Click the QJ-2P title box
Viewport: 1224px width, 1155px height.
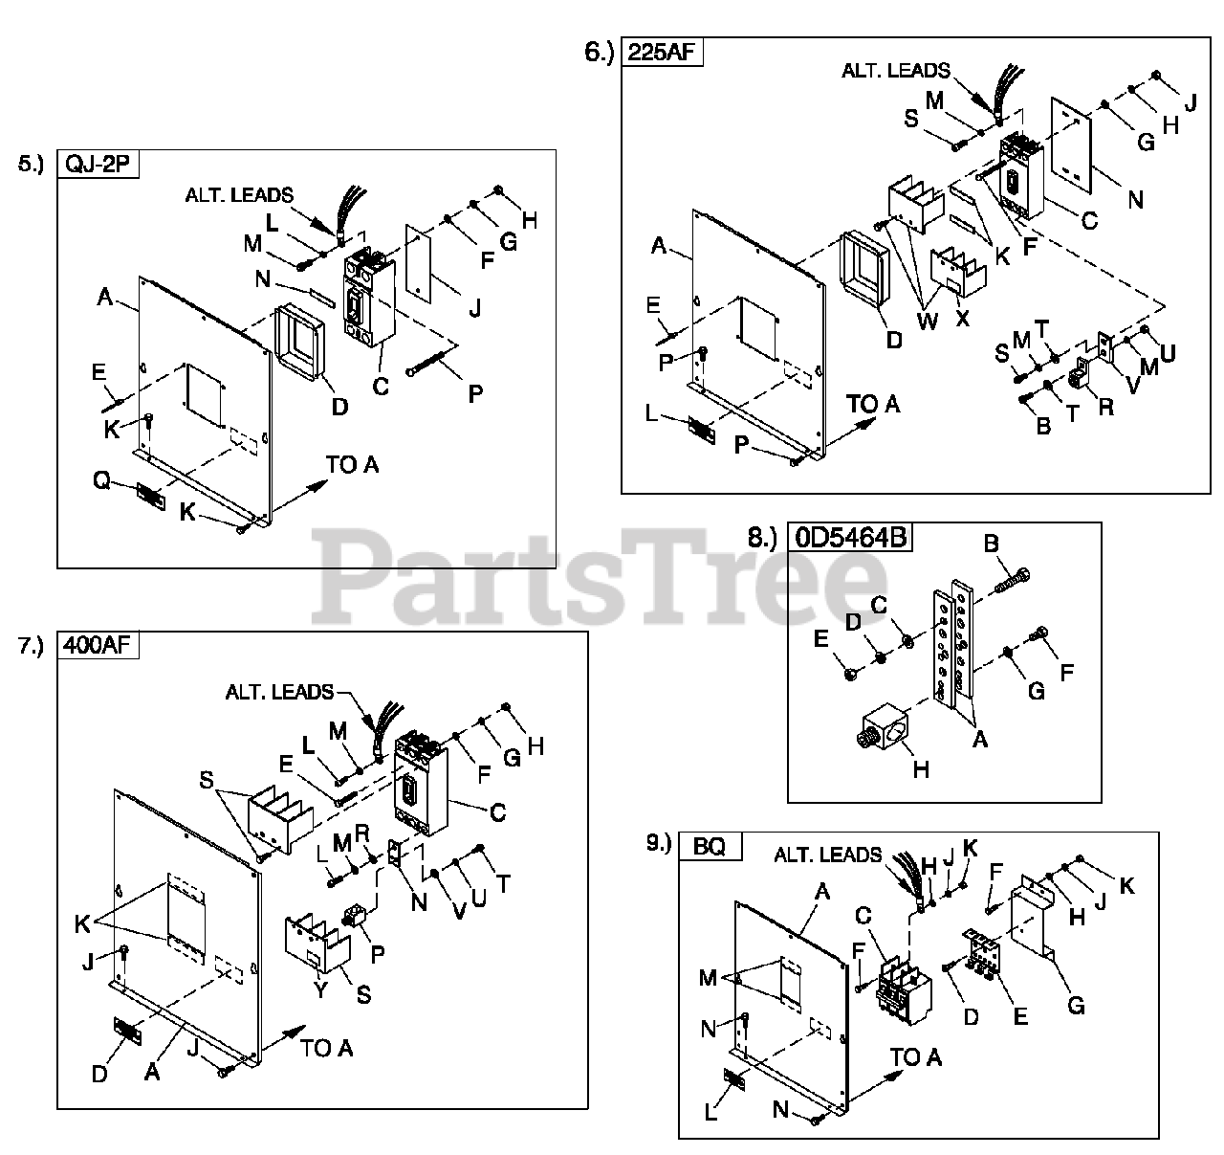pyautogui.click(x=98, y=165)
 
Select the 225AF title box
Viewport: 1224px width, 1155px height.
pyautogui.click(x=662, y=53)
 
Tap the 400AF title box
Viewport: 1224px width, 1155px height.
pyautogui.click(x=99, y=646)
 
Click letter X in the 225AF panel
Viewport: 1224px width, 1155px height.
pyautogui.click(x=962, y=317)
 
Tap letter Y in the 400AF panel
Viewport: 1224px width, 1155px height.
pyautogui.click(x=320, y=991)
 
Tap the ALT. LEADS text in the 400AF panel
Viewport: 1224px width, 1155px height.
pyautogui.click(x=279, y=691)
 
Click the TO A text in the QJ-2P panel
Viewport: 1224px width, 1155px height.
pyautogui.click(x=352, y=465)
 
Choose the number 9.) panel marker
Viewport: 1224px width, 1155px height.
pyautogui.click(x=659, y=842)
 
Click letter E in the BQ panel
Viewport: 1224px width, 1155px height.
pyautogui.click(x=1019, y=1015)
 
